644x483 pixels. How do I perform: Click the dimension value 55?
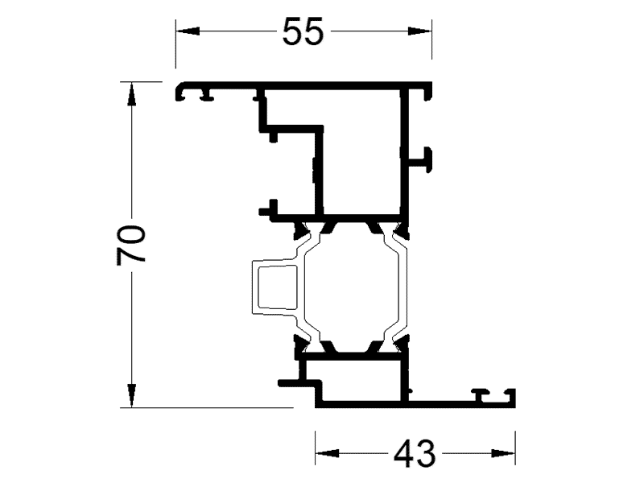pyautogui.click(x=303, y=31)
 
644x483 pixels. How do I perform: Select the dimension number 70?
pyautogui.click(x=131, y=244)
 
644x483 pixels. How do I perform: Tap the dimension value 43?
pyautogui.click(x=415, y=455)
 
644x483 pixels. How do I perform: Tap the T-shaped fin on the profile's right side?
pyautogui.click(x=427, y=159)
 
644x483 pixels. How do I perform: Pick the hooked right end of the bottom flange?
pyautogui.click(x=509, y=396)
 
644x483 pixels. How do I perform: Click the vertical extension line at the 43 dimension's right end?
pyautogui.click(x=515, y=443)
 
